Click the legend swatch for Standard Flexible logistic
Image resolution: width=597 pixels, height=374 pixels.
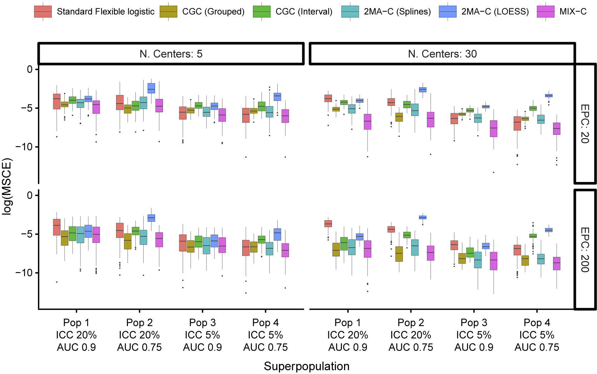(x=43, y=12)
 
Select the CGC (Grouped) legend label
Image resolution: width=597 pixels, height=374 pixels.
(x=213, y=12)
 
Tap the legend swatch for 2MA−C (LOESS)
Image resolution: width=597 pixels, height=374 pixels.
(x=448, y=12)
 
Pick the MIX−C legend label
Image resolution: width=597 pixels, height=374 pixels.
(x=573, y=12)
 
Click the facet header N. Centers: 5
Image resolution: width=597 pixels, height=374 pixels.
(x=171, y=54)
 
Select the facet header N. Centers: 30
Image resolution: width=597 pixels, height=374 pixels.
(x=442, y=54)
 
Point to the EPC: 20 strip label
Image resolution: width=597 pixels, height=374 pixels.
(x=585, y=124)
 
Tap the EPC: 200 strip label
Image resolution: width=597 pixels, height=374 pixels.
(x=585, y=250)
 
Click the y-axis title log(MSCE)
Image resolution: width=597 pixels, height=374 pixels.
(x=7, y=186)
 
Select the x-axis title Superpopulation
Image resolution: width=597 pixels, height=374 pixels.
(x=307, y=366)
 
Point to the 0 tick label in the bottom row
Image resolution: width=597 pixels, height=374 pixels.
(x=30, y=195)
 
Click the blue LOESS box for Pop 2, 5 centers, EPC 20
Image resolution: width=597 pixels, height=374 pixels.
(x=151, y=88)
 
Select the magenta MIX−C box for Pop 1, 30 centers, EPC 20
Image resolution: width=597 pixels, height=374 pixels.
(x=367, y=122)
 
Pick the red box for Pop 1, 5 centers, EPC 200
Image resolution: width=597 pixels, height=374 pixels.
(x=56, y=227)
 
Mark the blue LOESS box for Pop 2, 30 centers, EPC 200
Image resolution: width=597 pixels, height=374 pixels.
(x=423, y=217)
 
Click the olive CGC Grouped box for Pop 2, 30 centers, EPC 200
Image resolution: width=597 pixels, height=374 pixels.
(x=399, y=254)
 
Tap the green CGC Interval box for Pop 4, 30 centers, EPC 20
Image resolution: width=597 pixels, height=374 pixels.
(x=533, y=108)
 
